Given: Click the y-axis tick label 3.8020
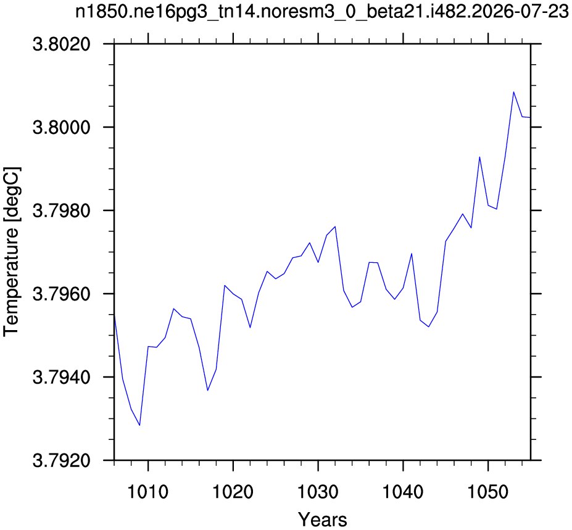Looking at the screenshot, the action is pos(61,45).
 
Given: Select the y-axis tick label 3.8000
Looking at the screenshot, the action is pos(61,128).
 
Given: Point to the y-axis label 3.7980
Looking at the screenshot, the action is pos(61,211).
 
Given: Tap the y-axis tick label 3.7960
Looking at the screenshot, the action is pos(61,294).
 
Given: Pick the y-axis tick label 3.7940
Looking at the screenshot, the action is pos(61,378).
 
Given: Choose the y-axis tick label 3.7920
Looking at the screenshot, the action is pos(61,461).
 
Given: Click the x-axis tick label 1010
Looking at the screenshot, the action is pos(147,492).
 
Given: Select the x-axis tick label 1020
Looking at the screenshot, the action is pos(233,492).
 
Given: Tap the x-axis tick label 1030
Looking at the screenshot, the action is pos(318,492).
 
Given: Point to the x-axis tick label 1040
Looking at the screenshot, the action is pos(403,492).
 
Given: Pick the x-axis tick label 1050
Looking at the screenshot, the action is pos(487,492).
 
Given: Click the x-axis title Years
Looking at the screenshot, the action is pos(323,520).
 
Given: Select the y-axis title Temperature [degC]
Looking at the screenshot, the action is pos(12,252).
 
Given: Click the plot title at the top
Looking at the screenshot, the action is pos(321,12).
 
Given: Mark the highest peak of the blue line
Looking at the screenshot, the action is pos(513,92).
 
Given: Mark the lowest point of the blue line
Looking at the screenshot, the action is pos(139,425).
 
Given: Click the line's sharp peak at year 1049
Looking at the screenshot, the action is pos(479,157).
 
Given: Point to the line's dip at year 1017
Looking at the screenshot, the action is pos(207,391).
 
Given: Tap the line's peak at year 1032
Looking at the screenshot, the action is pos(335,226).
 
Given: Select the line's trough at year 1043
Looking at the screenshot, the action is pos(428,327).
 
